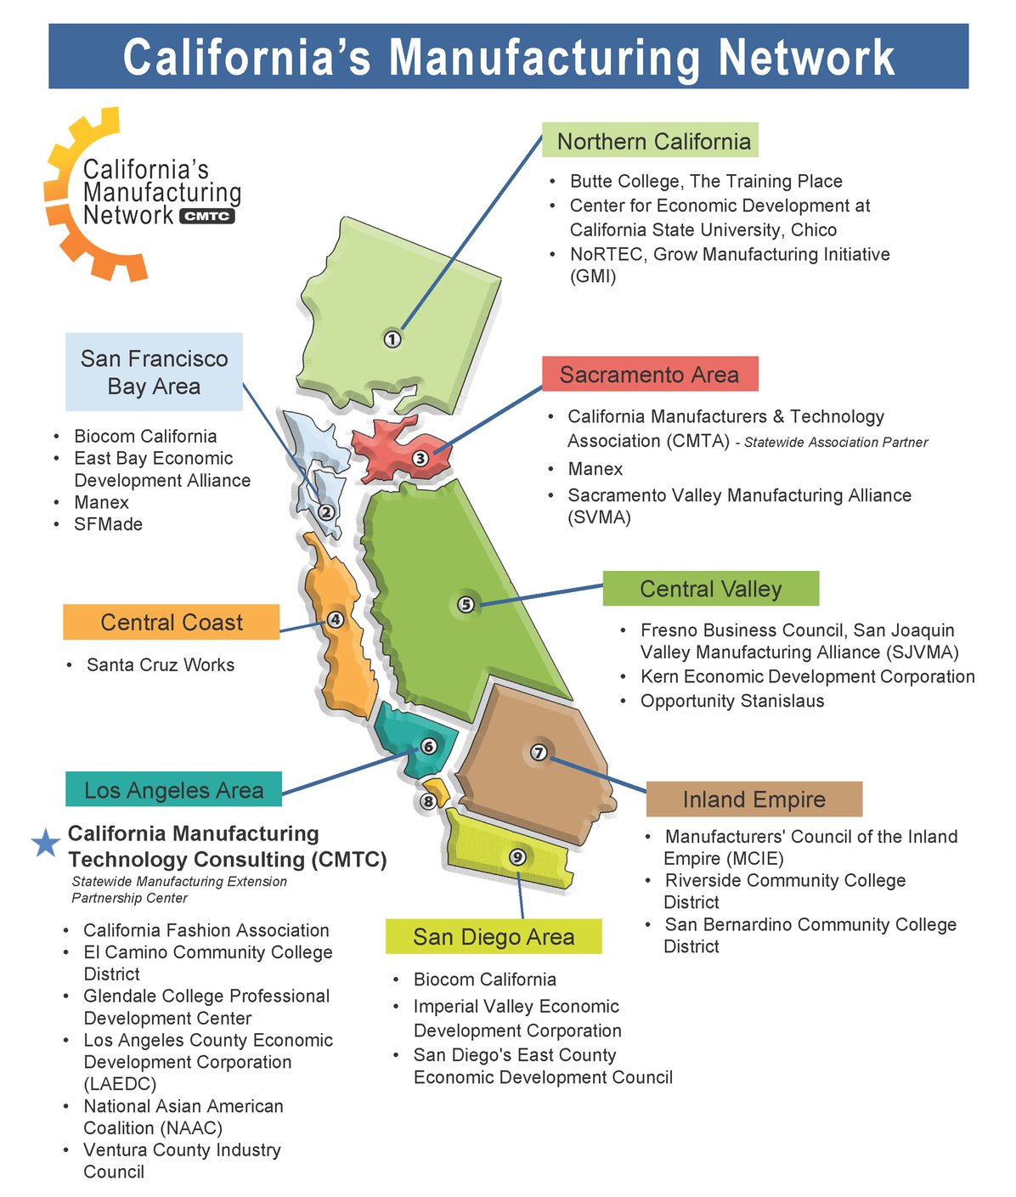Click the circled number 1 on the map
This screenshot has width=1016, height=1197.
click(392, 339)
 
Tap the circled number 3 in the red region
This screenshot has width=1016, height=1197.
click(421, 458)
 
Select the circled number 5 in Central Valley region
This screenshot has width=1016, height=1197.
click(466, 604)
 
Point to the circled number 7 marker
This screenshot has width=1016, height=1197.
click(539, 752)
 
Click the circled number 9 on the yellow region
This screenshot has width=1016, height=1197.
click(516, 856)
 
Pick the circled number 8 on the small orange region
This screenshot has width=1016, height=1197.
click(428, 800)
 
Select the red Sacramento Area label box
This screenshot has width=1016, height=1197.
click(650, 375)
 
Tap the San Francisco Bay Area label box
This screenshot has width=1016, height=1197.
click(154, 372)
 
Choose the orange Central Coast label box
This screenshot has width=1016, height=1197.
click(171, 623)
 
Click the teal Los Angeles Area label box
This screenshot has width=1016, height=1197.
click(173, 790)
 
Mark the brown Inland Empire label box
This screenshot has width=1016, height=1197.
click(754, 799)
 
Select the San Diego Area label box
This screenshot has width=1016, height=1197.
click(494, 937)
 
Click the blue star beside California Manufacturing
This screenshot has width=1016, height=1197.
click(46, 843)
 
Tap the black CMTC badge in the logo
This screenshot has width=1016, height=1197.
click(207, 216)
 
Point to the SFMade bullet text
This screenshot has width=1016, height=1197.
click(108, 524)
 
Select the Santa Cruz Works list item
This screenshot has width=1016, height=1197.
click(160, 665)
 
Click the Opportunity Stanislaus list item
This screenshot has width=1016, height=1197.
click(731, 701)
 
